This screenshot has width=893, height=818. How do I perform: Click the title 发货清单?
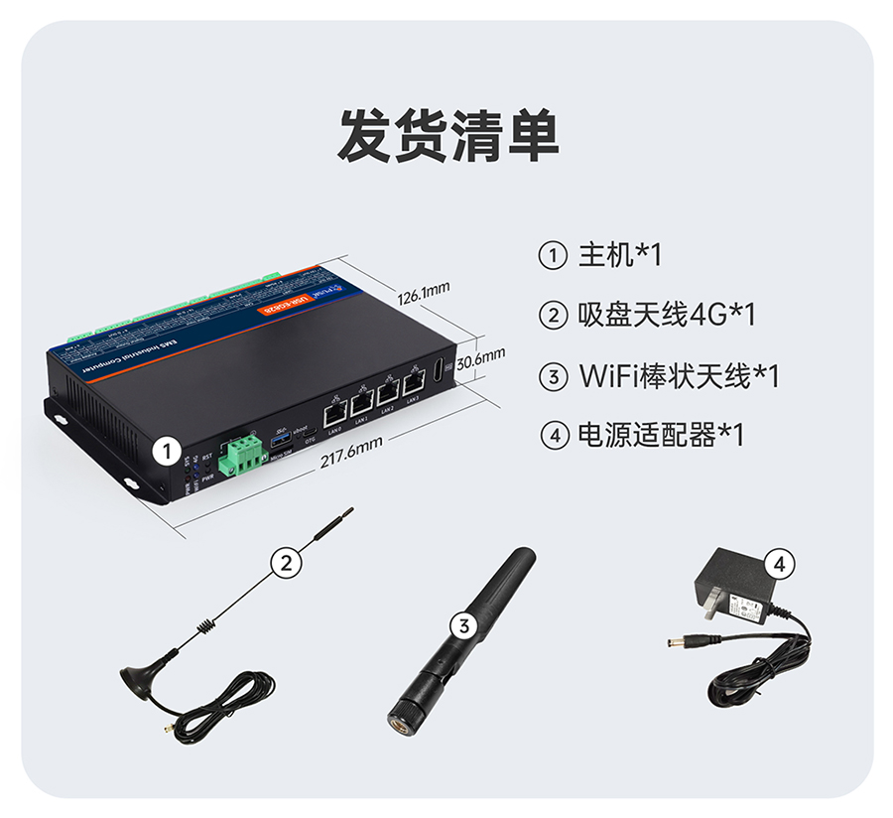[x=447, y=135]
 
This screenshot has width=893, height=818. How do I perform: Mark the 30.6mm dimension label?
[x=481, y=354]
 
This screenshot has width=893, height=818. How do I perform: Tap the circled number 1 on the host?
[x=167, y=452]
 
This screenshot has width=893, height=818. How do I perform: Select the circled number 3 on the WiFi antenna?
[x=463, y=625]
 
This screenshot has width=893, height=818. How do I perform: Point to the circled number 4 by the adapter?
[x=780, y=564]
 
